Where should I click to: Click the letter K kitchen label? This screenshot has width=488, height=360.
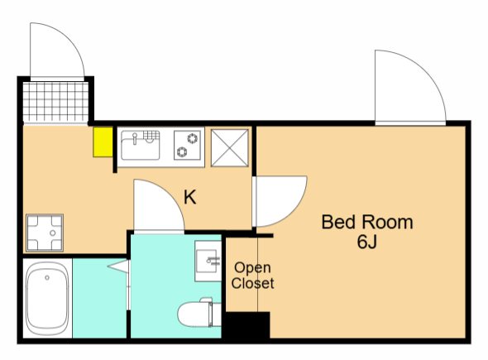point(190,197)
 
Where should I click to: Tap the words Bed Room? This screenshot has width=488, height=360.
point(367,222)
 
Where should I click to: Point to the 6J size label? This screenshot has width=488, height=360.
point(367,242)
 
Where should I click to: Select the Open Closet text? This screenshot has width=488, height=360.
point(253,276)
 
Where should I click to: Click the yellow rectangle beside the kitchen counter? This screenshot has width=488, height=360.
point(103,142)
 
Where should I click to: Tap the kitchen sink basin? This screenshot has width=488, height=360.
point(141,146)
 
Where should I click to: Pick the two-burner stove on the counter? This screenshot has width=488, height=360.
point(187,145)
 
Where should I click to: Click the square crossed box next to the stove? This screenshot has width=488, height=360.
point(230,147)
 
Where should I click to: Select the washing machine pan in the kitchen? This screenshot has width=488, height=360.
point(45,233)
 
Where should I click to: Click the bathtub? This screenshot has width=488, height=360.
point(47,298)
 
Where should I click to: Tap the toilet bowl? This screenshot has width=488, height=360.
point(195,312)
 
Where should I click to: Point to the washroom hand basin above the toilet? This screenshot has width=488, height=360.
point(208,261)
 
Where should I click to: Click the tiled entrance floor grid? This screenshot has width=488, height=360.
point(55,102)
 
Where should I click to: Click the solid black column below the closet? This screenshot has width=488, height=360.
point(247,325)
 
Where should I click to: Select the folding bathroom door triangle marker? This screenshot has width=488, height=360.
point(118,266)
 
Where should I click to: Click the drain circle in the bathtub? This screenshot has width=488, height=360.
point(47,277)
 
